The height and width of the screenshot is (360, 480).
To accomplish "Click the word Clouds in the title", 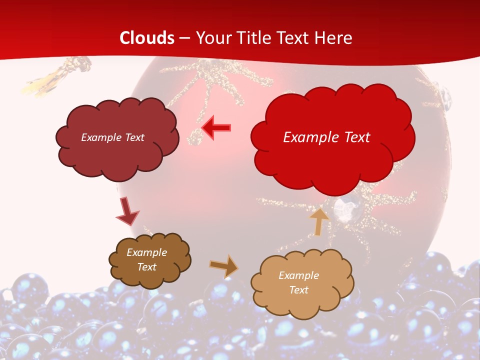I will click(147, 38).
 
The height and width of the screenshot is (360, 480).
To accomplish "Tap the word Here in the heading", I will click(333, 38).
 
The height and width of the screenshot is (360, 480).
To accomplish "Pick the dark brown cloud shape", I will click(149, 260).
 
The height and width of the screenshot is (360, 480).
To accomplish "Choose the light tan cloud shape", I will click(302, 283).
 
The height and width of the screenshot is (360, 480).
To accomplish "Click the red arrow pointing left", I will click(216, 128).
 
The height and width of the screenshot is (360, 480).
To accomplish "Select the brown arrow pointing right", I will click(224, 266).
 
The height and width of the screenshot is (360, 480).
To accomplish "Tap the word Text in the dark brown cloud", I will click(146, 267).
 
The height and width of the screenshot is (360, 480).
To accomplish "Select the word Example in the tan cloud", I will click(298, 275).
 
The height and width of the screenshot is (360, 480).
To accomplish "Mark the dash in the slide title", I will click(184, 38).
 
